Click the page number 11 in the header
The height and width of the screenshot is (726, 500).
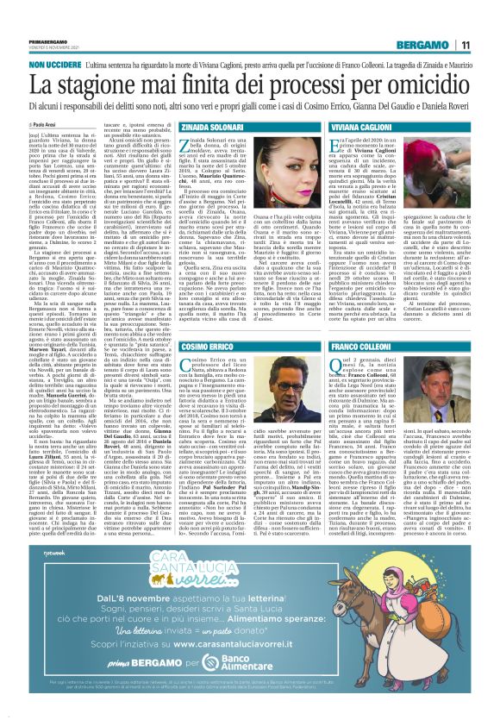487,20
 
